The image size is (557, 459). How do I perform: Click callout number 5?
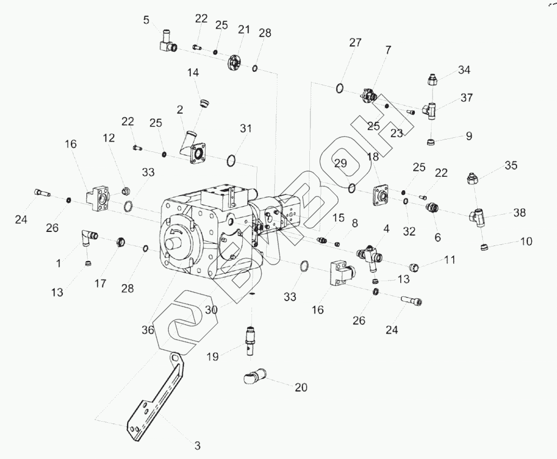[x=147, y=20]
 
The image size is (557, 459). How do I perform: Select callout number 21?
[x=243, y=29]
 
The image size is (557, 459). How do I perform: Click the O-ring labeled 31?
[x=231, y=160]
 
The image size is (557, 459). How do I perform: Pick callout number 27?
[x=355, y=43]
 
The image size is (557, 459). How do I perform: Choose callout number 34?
[x=464, y=70]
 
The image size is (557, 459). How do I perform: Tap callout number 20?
[x=300, y=387]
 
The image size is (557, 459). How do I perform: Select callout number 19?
[x=212, y=357]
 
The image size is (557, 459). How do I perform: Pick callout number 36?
[x=148, y=330]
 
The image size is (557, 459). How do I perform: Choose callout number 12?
[x=109, y=138]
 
